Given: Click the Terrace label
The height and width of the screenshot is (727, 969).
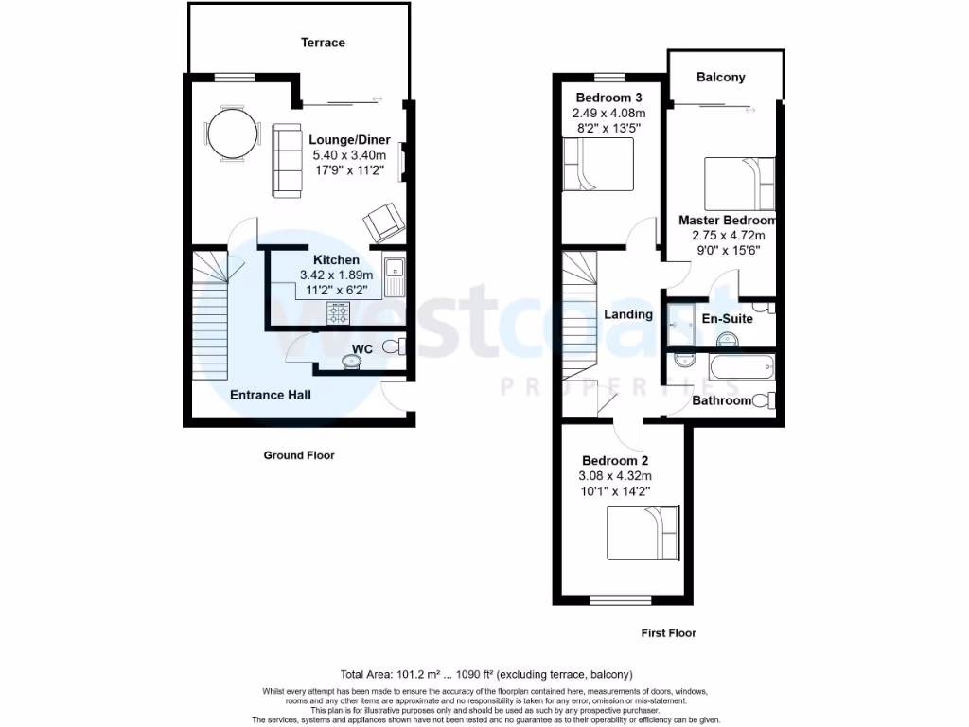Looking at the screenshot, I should coord(323,43).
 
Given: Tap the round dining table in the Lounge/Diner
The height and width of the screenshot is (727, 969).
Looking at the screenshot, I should coord(232,133).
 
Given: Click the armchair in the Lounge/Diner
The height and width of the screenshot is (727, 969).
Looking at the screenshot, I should coord(382,222).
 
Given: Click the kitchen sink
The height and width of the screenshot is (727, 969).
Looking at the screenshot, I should coord(395,273).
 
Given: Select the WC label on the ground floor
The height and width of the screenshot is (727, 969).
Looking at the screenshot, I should coord(361,349).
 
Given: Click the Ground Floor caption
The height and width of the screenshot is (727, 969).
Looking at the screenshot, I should coord(298,455).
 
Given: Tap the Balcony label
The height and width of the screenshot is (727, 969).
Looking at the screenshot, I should coord(720,78).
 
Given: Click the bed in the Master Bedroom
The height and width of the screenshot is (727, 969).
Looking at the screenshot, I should coord(740,184).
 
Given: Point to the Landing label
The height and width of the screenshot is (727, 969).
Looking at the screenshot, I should coord(628,314).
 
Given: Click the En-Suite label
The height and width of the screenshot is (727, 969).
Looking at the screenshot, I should coord(727,319).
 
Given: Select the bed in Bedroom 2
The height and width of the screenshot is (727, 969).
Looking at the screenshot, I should coord(643,534).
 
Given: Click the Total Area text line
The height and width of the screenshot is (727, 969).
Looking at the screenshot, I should coord(486,675).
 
